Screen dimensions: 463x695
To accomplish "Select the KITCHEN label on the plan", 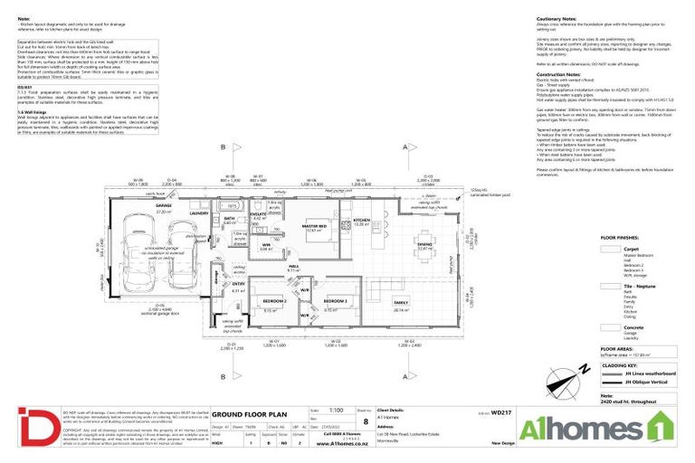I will [362, 220].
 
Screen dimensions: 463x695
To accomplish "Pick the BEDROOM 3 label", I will [336, 299].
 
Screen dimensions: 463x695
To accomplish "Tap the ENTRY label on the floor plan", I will [238, 283].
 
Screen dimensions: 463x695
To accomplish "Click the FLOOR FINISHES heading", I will [620, 238].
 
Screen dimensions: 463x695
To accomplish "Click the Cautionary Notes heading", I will [556, 18].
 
